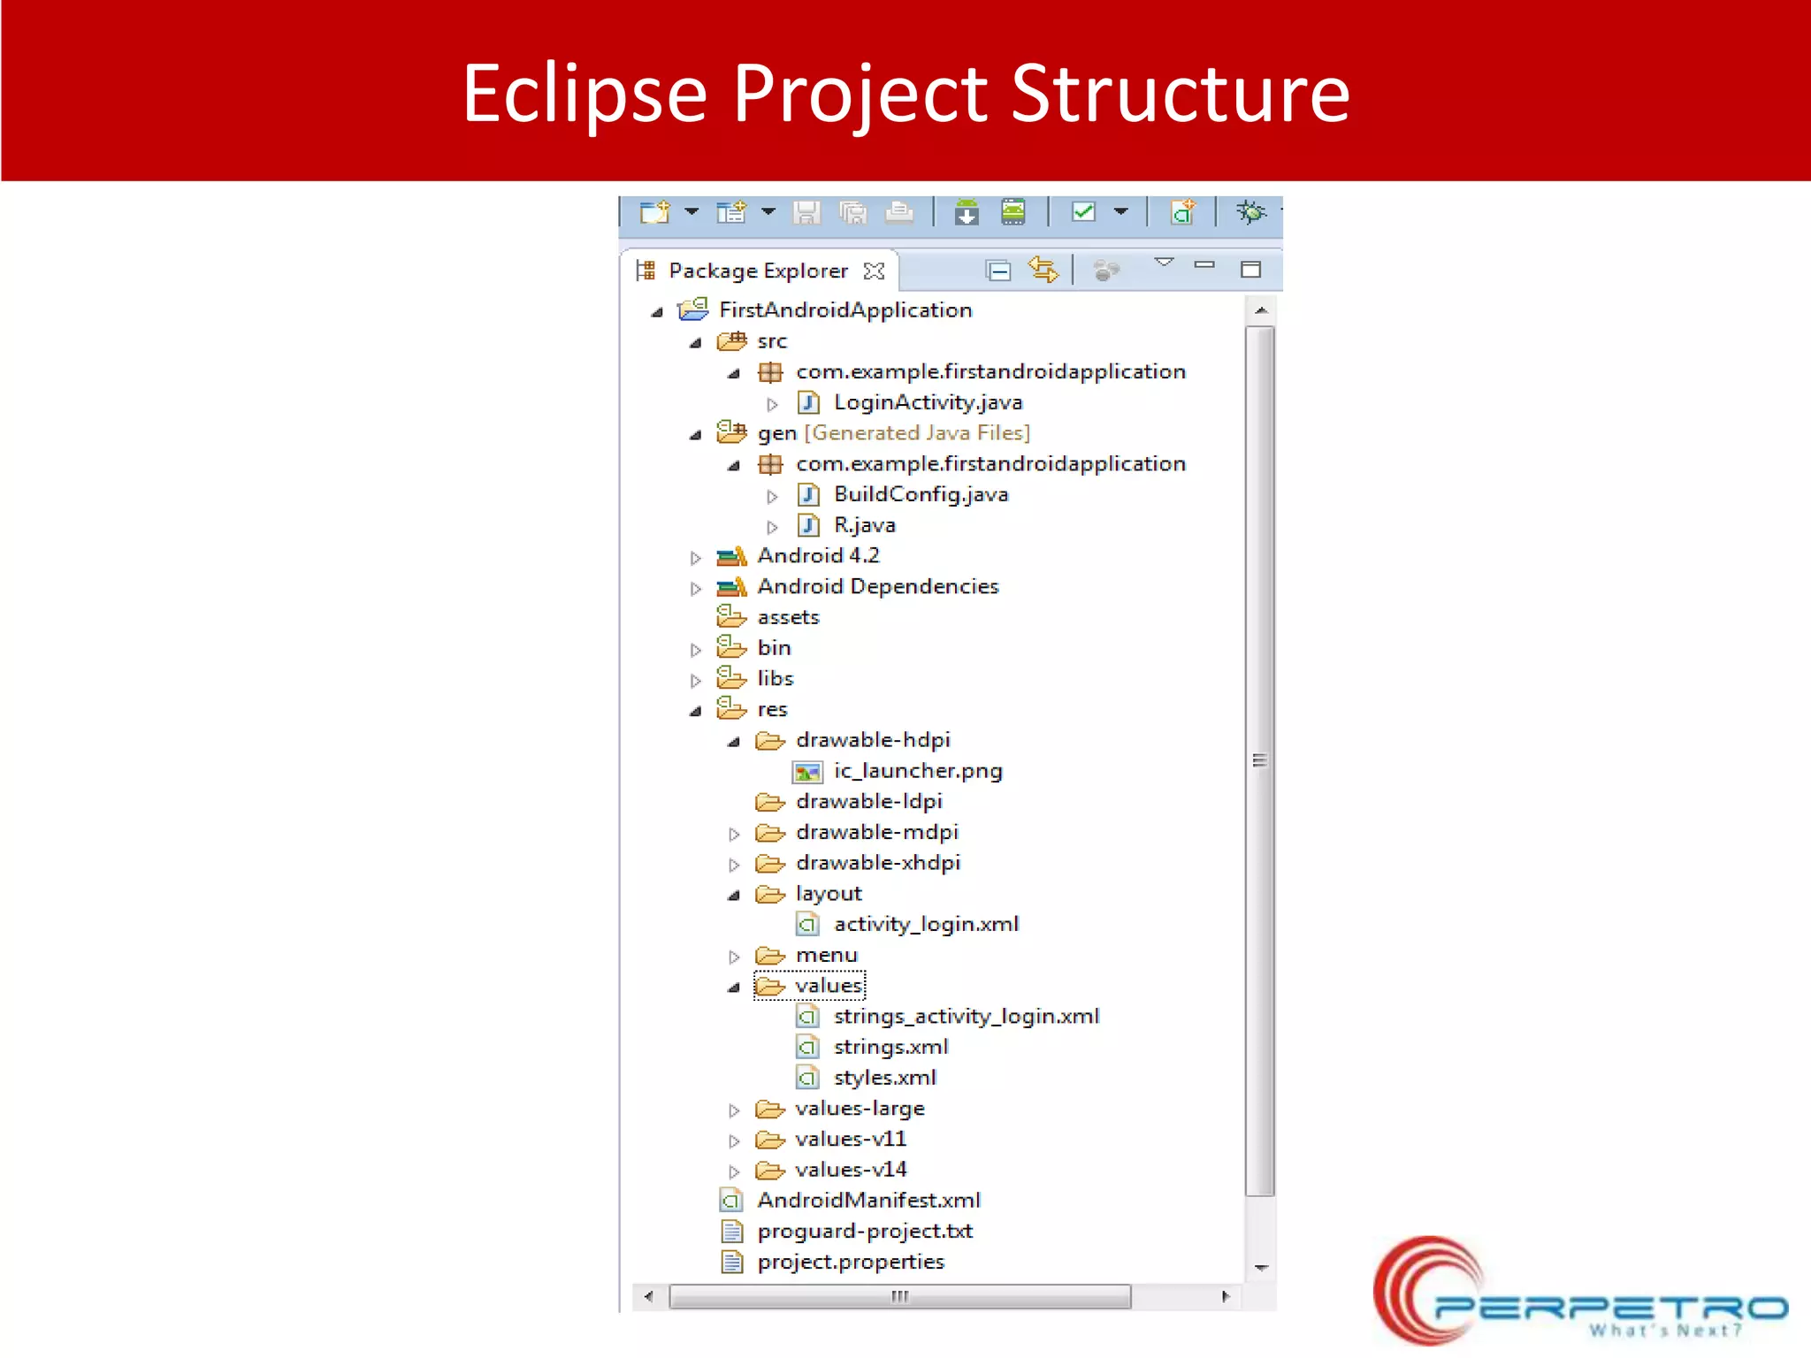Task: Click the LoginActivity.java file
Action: (x=927, y=402)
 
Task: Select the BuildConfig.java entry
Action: (x=920, y=494)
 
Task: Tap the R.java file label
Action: (x=864, y=525)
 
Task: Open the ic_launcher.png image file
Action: (x=917, y=771)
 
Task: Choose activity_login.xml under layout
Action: (x=925, y=924)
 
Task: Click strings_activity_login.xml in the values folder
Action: (x=966, y=1016)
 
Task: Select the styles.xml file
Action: (x=884, y=1078)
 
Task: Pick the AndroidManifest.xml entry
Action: (x=868, y=1200)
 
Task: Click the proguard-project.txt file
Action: (x=864, y=1231)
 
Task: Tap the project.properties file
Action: (x=850, y=1262)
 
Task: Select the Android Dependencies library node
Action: (x=877, y=586)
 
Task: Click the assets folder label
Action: (x=788, y=617)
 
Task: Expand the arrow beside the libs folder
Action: (x=696, y=680)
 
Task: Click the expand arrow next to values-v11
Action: (x=734, y=1141)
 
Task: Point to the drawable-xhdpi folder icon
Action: (x=769, y=863)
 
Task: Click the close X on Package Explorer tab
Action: (x=874, y=271)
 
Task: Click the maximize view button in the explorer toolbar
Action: (x=1250, y=269)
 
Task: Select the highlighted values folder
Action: (x=827, y=985)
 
